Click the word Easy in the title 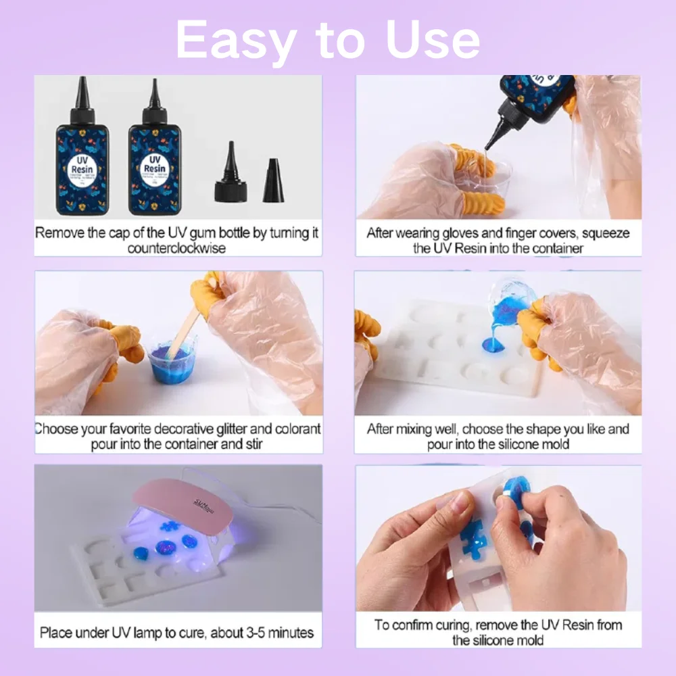coord(230,41)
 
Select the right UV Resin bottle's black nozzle coord(155,95)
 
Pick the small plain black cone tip coord(273,181)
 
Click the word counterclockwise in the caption coord(177,248)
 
